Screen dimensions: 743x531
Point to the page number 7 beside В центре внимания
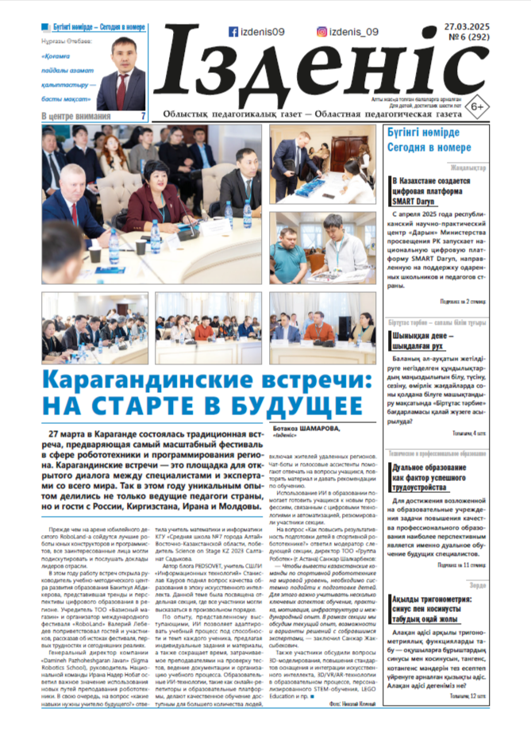pos(143,116)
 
